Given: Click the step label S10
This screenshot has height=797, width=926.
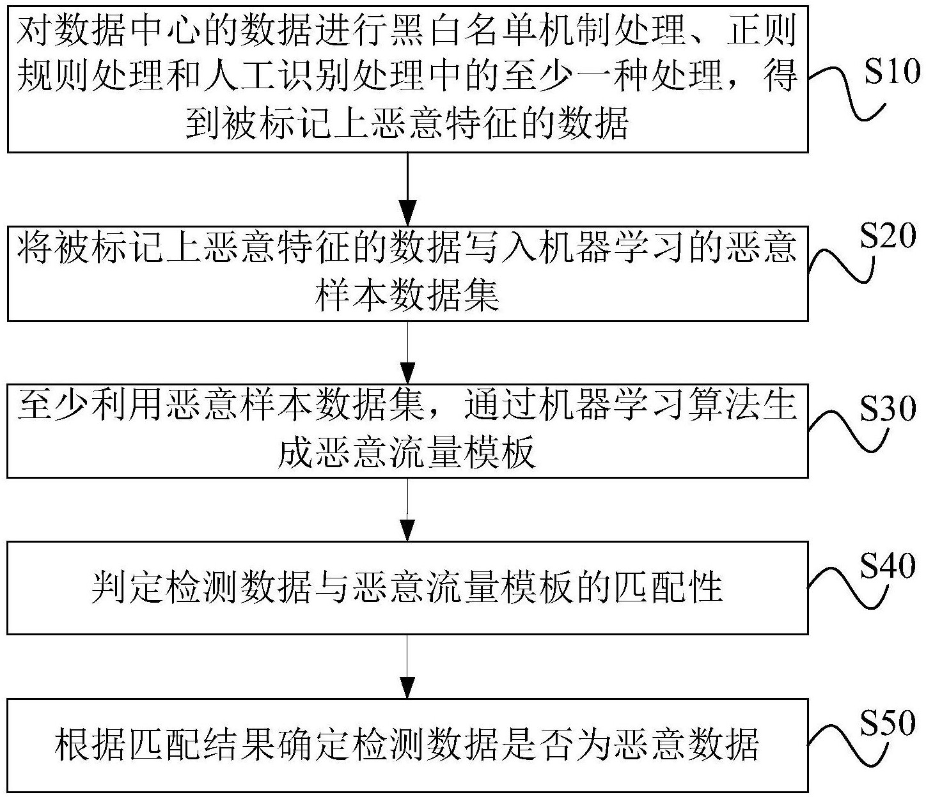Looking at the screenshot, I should [891, 75].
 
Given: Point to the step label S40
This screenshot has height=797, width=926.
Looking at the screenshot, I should [888, 566].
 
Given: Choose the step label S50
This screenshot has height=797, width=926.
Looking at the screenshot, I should [888, 724].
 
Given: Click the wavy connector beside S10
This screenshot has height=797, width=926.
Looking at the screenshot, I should [844, 89].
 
